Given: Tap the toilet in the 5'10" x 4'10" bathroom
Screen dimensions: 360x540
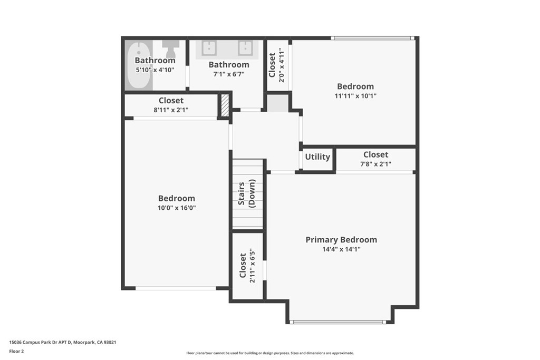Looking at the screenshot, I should click(x=170, y=48).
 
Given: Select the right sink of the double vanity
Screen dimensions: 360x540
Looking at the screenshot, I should click(x=245, y=48).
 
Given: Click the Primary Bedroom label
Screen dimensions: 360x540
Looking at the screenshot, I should click(x=341, y=240).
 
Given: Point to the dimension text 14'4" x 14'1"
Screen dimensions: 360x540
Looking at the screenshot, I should click(x=341, y=249).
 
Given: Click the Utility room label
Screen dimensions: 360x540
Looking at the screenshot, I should click(x=317, y=157).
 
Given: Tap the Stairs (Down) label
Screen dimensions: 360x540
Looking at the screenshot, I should click(x=247, y=194).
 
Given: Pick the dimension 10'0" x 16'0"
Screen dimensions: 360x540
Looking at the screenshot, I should click(x=177, y=208).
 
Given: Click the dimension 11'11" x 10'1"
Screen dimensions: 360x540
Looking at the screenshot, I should click(x=355, y=96).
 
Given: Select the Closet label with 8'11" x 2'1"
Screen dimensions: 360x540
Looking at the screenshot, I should click(x=171, y=101).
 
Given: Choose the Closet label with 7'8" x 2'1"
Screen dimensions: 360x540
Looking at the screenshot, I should click(x=375, y=154).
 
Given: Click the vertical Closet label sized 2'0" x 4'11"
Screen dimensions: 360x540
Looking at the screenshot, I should click(x=272, y=65).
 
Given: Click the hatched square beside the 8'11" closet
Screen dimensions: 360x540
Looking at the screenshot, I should click(x=225, y=105).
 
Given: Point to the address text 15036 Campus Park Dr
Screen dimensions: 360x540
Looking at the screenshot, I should click(x=63, y=342).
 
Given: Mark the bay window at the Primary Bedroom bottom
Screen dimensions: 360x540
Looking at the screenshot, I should click(x=339, y=322).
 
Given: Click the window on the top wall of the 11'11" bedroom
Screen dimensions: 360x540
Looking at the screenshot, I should click(x=372, y=38).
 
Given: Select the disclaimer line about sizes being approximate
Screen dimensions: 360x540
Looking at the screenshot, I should click(x=270, y=353).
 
